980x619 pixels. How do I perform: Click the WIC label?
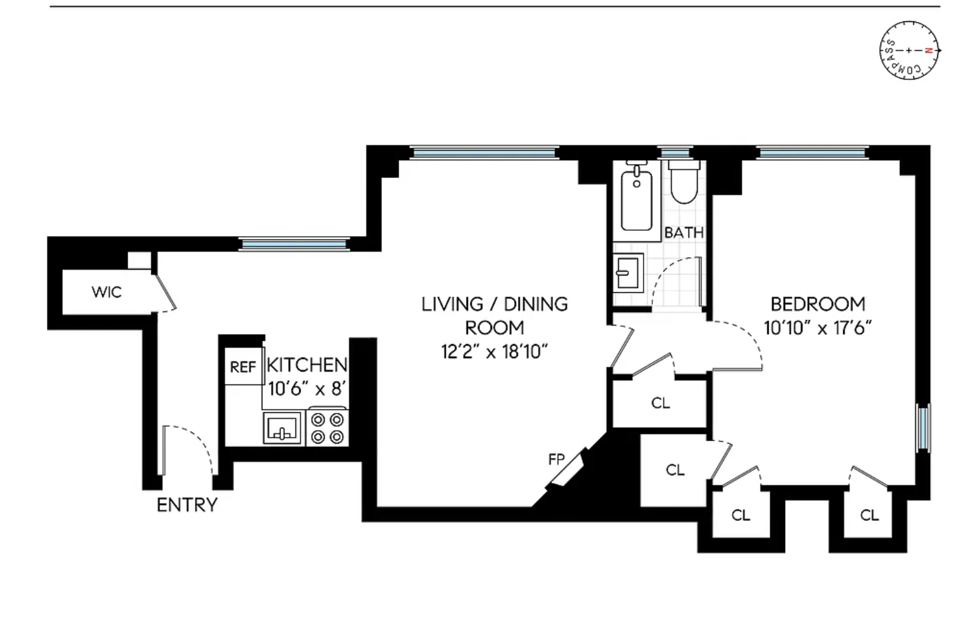[x=107, y=291]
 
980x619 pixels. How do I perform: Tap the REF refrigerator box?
[x=244, y=366]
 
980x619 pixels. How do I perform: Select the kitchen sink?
[x=282, y=428]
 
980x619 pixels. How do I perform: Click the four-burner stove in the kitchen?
[x=327, y=428]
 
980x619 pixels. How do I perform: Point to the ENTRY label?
[x=187, y=505]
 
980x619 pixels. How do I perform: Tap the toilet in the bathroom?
[x=684, y=181]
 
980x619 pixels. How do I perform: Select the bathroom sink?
[x=628, y=273]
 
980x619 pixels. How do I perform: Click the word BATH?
[x=684, y=233]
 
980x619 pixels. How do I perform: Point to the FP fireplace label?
[x=557, y=459]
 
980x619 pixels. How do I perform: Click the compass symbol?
[x=909, y=50]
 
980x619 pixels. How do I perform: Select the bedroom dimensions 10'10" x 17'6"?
[x=818, y=328]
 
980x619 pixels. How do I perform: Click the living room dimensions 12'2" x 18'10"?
[x=495, y=352]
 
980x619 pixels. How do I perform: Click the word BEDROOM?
[x=818, y=304]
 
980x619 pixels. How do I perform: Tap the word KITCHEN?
[x=307, y=365]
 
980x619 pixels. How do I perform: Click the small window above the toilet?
[x=675, y=153]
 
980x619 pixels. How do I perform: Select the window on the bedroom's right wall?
[x=923, y=428]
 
